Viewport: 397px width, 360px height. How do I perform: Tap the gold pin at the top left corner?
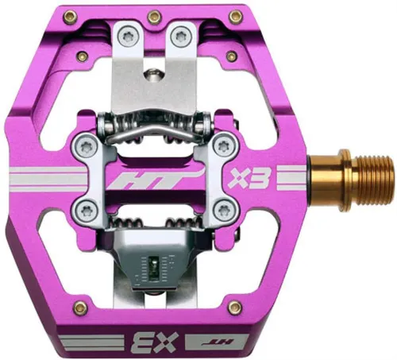pos(71,17)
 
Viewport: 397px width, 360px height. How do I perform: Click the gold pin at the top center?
pos(155,17)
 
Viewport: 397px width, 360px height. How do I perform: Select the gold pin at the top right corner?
pos(236,17)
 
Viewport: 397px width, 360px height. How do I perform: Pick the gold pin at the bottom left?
pos(80,308)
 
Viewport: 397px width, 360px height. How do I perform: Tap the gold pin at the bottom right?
pos(235,307)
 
